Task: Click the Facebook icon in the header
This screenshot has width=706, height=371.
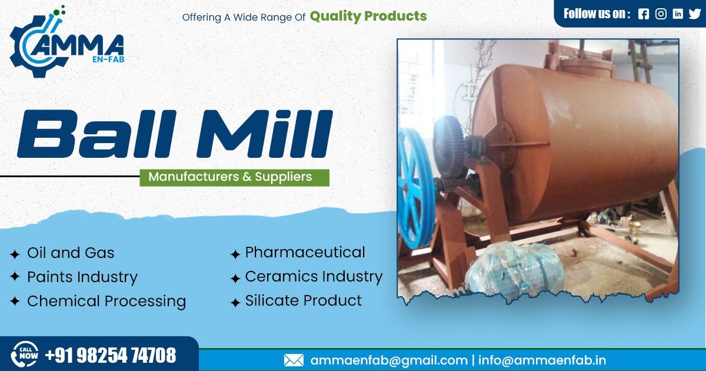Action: click(x=644, y=14)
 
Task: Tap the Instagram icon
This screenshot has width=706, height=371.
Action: click(x=661, y=14)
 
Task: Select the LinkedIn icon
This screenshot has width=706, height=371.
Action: click(x=678, y=14)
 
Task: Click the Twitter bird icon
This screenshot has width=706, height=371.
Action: click(x=695, y=14)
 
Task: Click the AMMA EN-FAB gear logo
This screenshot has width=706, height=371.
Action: click(x=65, y=44)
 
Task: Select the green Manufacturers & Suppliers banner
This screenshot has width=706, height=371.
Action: click(x=234, y=177)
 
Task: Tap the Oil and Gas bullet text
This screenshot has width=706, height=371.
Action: click(x=71, y=253)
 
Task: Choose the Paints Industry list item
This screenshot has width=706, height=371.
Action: click(x=82, y=277)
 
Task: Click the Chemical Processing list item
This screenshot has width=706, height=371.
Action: click(x=106, y=302)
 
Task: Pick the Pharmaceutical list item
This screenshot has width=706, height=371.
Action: click(x=305, y=253)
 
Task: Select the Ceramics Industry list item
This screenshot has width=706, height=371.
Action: click(x=313, y=277)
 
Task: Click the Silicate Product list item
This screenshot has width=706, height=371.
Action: click(x=303, y=301)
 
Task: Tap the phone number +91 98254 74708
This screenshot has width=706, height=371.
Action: click(x=111, y=356)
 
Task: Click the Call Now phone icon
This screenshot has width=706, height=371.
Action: click(x=25, y=355)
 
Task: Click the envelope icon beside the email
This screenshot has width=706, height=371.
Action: click(x=294, y=360)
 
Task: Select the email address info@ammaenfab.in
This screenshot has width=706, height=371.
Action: click(x=542, y=360)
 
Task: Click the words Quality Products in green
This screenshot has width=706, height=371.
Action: click(x=368, y=16)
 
